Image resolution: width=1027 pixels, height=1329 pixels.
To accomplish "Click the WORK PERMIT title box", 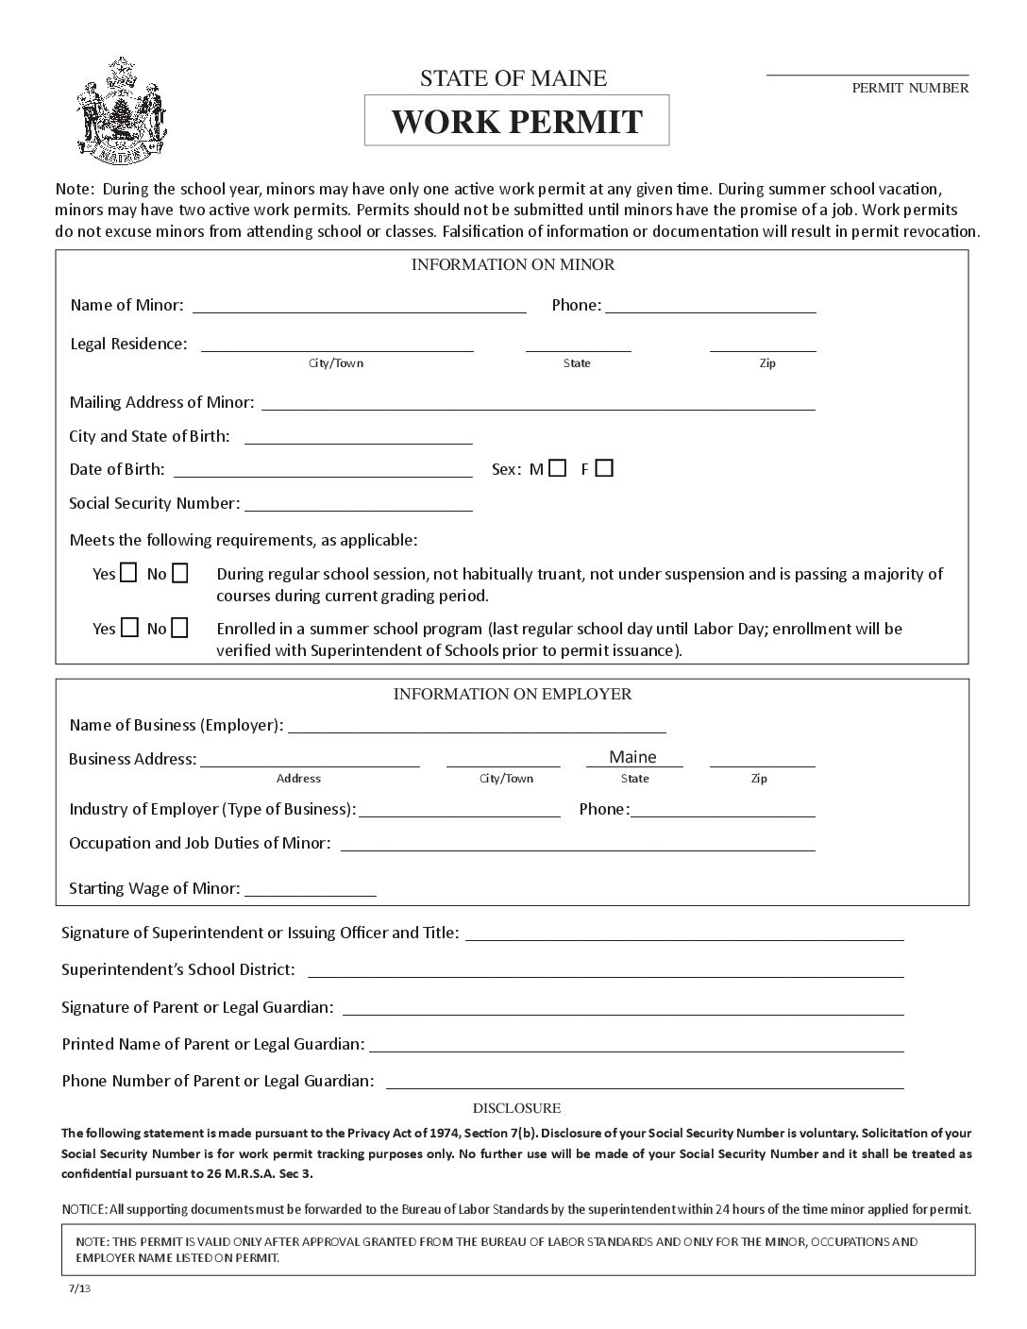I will click(x=516, y=121).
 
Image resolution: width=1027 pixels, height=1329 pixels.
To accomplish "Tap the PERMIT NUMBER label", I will click(x=910, y=89).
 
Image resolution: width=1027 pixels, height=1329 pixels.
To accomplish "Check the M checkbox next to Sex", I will click(x=557, y=468).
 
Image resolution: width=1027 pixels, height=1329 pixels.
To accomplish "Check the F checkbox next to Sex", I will click(x=604, y=468).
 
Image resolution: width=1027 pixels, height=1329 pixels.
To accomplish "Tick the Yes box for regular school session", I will click(x=128, y=573).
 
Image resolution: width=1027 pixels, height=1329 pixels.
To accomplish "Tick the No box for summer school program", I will click(x=178, y=628).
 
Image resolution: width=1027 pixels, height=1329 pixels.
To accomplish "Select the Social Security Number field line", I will click(x=358, y=505).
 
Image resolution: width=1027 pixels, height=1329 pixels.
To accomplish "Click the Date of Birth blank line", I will click(x=323, y=471).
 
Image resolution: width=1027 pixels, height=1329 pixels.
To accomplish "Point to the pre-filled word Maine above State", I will click(x=632, y=757).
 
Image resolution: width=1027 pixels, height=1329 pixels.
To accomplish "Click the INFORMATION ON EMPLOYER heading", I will click(x=513, y=695).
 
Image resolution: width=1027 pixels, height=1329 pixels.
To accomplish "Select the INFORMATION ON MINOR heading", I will click(x=513, y=265).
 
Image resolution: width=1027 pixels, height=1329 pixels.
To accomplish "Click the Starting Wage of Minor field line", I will click(x=311, y=890).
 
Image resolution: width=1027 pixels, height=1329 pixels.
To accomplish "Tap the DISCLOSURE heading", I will click(x=516, y=1108).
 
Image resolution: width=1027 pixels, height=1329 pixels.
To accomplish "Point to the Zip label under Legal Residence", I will click(x=767, y=363).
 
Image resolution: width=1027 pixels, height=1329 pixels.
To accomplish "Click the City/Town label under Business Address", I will click(x=506, y=779).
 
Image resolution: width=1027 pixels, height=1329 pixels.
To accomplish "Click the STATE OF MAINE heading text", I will click(x=513, y=78).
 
